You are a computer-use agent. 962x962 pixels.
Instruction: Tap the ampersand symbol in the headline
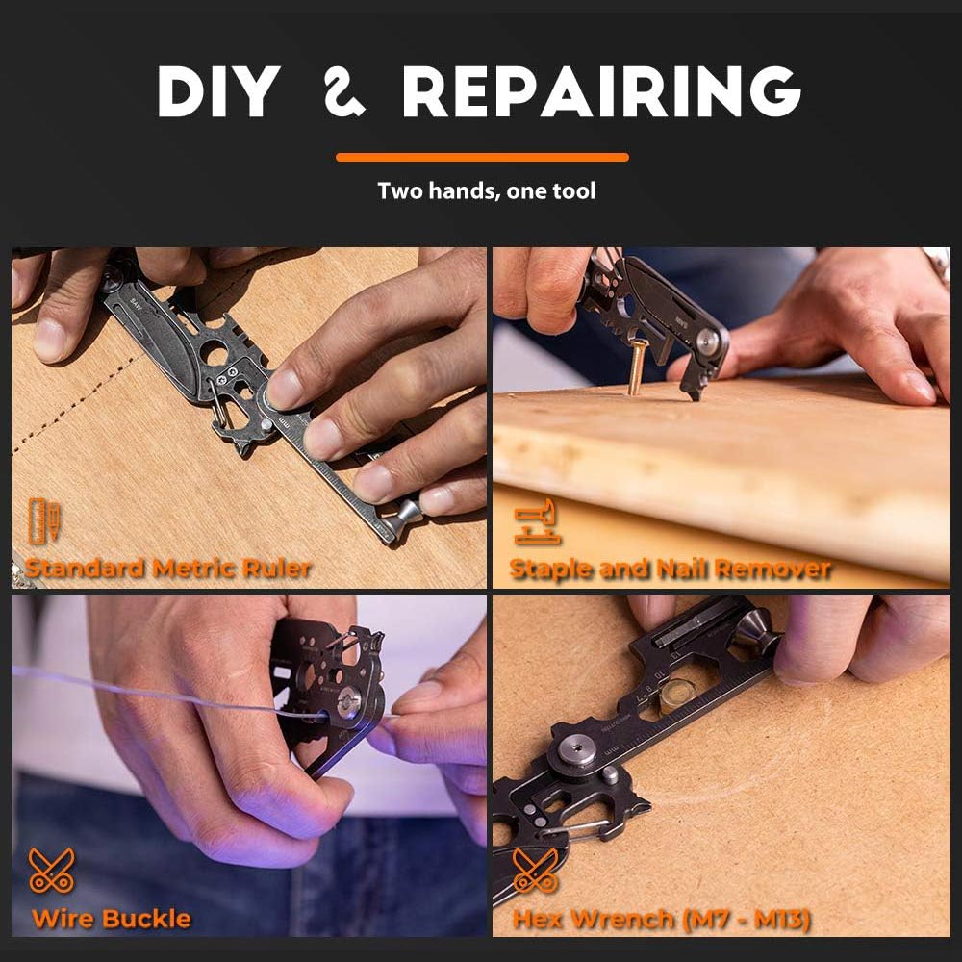344,92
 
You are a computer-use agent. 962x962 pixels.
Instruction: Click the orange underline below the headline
482,157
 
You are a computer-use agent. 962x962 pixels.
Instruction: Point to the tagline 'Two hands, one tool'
487,190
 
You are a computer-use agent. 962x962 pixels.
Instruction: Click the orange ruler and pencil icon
44,520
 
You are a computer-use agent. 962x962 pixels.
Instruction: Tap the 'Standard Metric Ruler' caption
167,569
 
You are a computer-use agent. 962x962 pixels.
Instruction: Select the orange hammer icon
536,521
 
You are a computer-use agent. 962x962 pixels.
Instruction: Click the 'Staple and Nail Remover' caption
670,569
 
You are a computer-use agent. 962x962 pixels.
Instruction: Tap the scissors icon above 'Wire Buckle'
52,870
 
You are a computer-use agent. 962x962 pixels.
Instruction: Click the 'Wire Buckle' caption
111,919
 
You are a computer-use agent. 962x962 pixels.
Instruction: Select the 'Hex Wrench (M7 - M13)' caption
662,919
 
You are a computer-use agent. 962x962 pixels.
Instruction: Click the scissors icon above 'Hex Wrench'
535,870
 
